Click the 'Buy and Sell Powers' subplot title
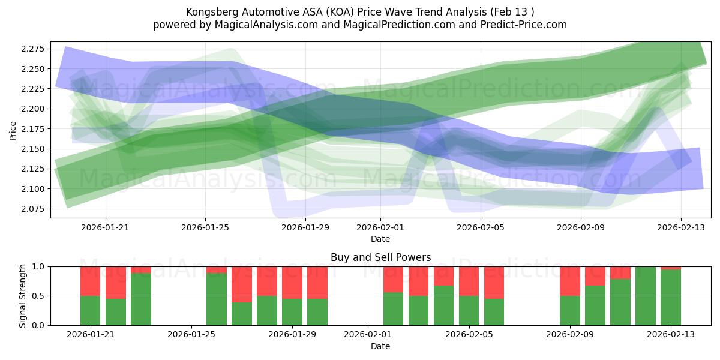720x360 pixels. pyautogui.click(x=380, y=257)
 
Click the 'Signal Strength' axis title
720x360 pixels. pyautogui.click(x=22, y=296)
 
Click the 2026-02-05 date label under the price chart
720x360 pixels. pyautogui.click(x=481, y=227)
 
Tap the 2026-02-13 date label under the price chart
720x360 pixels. pyautogui.click(x=680, y=227)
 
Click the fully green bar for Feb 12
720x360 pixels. pyautogui.click(x=646, y=296)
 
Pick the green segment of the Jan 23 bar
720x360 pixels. pyautogui.click(x=141, y=299)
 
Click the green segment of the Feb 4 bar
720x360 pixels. pyautogui.click(x=443, y=305)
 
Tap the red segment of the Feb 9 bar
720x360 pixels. pyautogui.click(x=570, y=281)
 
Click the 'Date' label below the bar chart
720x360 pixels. pyautogui.click(x=380, y=346)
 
